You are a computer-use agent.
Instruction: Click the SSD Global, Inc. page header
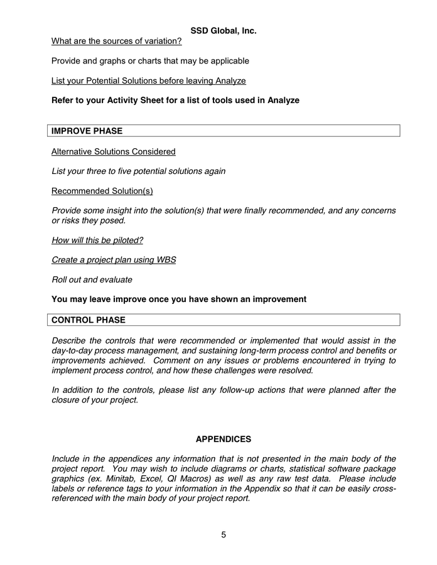pyautogui.click(x=224, y=30)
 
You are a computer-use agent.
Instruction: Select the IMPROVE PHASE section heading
pyautogui.click(x=87, y=131)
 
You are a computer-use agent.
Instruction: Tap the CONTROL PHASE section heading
pyautogui.click(x=88, y=320)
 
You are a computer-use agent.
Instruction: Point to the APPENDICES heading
pyautogui.click(x=224, y=439)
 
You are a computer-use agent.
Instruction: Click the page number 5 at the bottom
pyautogui.click(x=224, y=535)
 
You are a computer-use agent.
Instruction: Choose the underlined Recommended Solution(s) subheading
pyautogui.click(x=102, y=191)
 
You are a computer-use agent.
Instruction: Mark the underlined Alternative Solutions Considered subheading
pyautogui.click(x=113, y=151)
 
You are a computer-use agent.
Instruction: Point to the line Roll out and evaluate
pyautogui.click(x=92, y=280)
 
